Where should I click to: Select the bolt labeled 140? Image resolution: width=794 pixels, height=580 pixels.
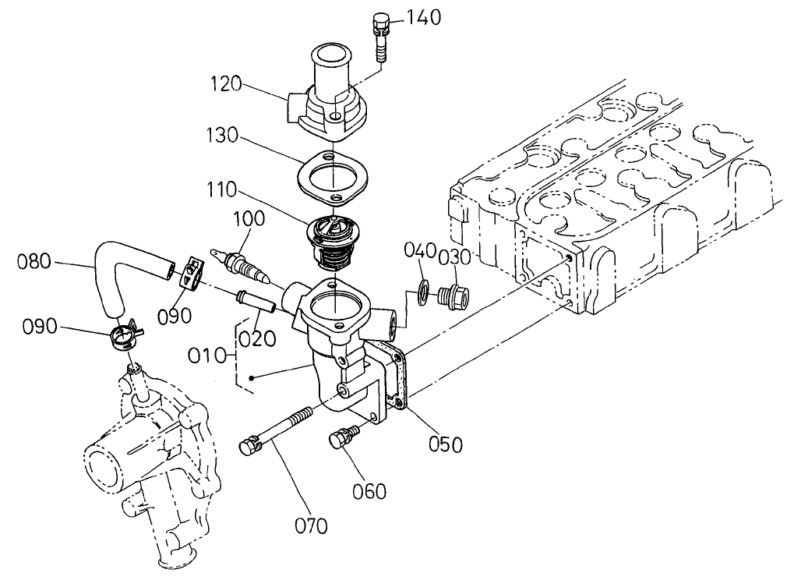tap(381, 37)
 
